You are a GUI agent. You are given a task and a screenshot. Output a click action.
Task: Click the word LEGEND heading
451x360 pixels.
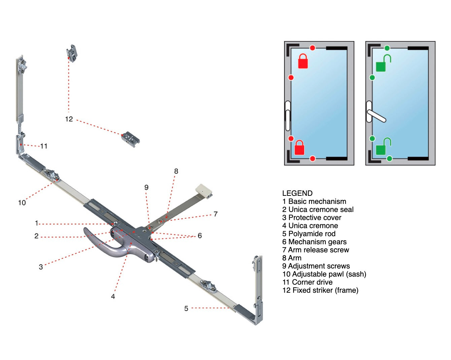(297, 193)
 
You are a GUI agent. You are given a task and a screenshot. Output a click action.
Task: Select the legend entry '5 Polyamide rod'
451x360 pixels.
(309, 233)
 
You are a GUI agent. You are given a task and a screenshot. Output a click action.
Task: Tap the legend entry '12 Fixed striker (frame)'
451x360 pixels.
(320, 290)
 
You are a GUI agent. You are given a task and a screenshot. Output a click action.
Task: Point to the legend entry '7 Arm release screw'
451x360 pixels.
(315, 250)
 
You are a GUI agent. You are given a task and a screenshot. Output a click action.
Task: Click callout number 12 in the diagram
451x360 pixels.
(69, 119)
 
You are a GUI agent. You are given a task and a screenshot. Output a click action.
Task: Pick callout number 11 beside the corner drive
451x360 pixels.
(44, 146)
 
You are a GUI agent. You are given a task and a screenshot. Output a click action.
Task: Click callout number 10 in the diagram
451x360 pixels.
(22, 203)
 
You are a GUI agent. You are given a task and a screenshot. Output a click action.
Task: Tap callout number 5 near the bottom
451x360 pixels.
(186, 308)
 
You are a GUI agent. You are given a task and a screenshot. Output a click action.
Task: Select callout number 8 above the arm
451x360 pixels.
(176, 171)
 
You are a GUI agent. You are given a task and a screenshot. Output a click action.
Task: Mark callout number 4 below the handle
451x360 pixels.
(113, 296)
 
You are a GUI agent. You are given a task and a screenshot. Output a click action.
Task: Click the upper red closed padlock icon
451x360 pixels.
(303, 61)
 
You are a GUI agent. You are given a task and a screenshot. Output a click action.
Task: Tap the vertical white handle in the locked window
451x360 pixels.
(288, 116)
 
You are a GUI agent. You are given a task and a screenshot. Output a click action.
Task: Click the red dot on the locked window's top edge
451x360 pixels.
(312, 48)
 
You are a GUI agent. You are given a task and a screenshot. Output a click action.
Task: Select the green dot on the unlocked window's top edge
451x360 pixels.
(387, 48)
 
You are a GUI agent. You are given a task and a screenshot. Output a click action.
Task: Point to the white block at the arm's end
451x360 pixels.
(204, 190)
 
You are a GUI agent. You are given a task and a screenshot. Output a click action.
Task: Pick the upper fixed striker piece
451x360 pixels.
(72, 53)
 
